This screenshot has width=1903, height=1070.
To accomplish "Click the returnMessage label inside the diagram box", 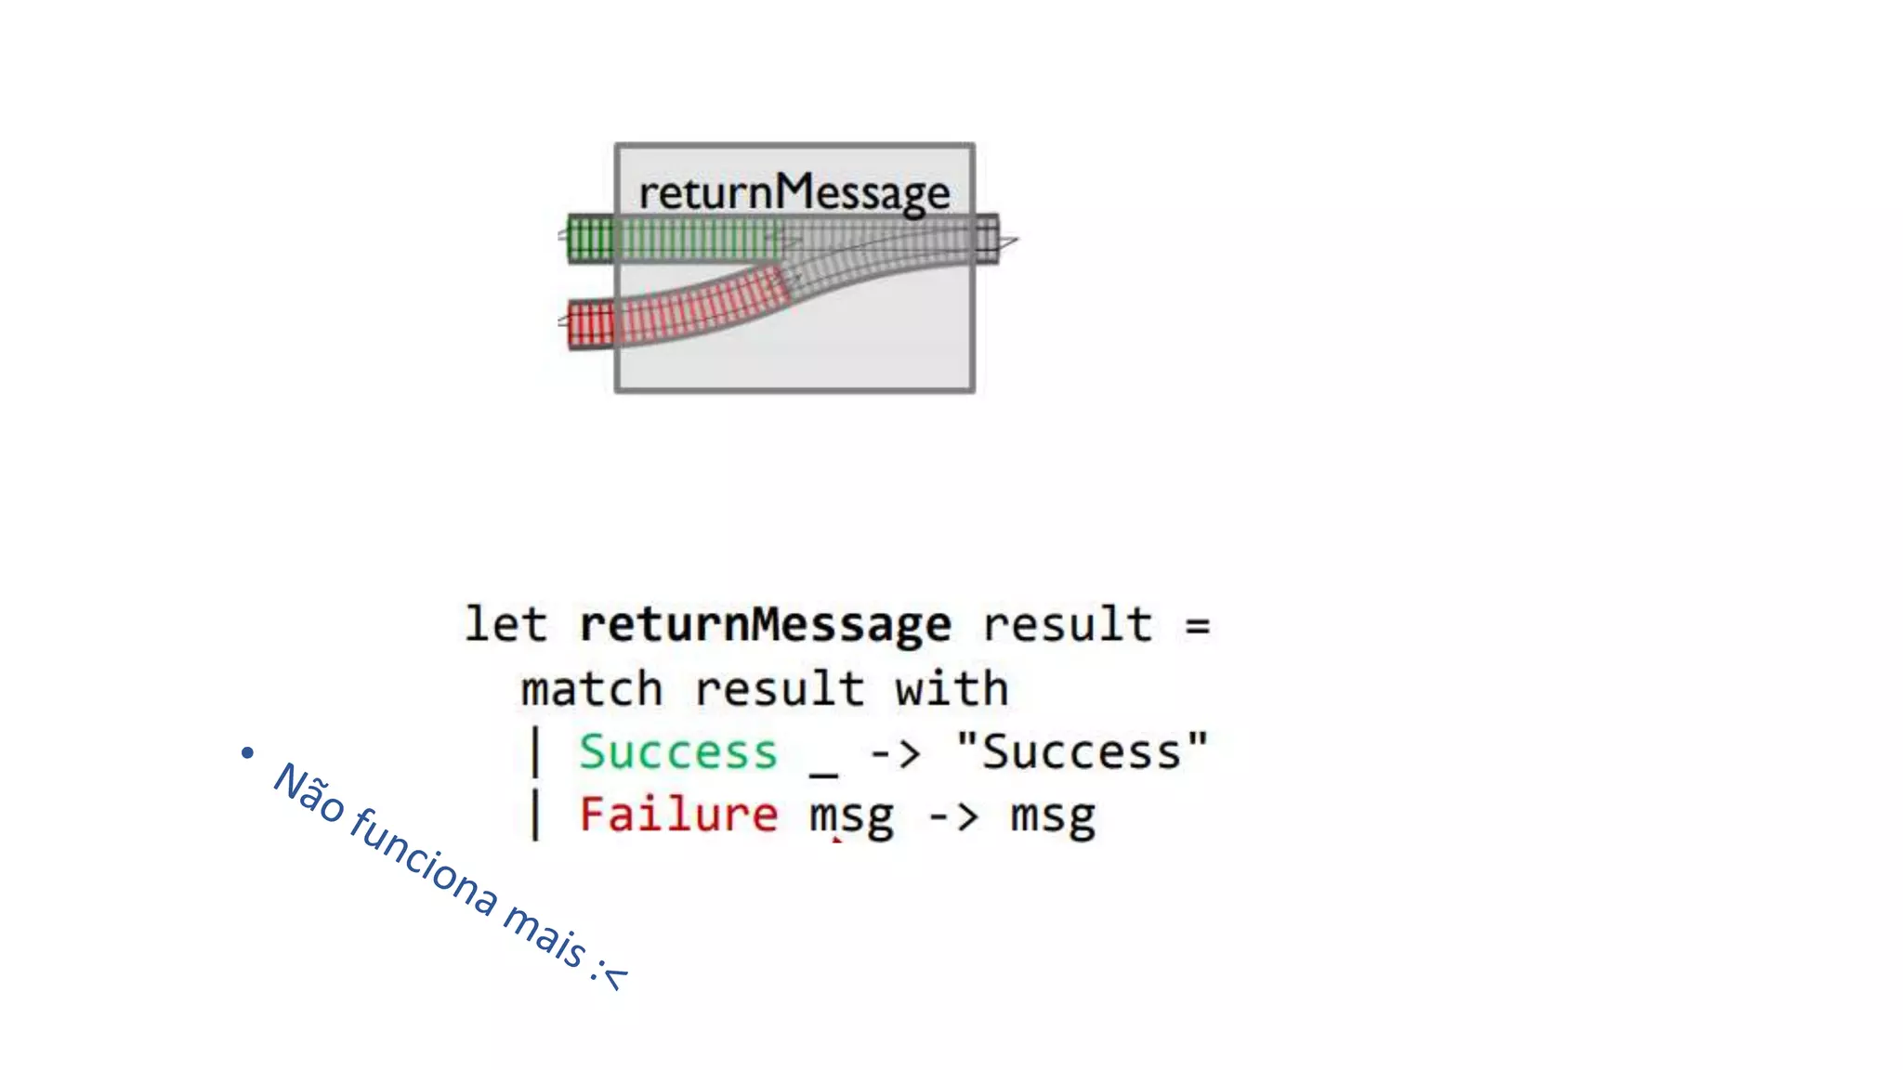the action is click(x=794, y=192).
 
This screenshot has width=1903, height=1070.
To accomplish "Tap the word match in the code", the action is click(x=591, y=689).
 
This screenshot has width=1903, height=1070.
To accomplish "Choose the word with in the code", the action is click(x=951, y=689).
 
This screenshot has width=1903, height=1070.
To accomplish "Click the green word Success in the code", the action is click(x=677, y=751).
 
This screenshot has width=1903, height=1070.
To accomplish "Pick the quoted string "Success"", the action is click(x=1082, y=751).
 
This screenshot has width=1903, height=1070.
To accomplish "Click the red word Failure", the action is click(x=677, y=815).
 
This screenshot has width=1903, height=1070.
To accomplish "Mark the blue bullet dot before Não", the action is click(x=247, y=751).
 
